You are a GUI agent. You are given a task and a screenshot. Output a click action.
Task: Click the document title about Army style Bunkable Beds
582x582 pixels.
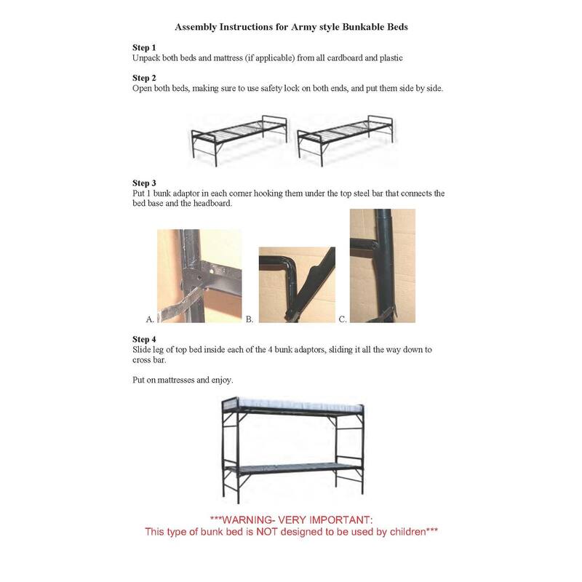[x=291, y=27]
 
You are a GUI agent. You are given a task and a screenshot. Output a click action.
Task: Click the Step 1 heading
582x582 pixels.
[x=144, y=47]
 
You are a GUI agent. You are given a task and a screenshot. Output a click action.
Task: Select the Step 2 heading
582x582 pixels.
[x=144, y=78]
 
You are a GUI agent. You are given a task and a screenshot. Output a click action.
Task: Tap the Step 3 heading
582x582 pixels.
[x=144, y=183]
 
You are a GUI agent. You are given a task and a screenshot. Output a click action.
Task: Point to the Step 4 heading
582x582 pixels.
[x=144, y=339]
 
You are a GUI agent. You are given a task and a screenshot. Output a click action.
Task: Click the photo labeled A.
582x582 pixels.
[x=199, y=276]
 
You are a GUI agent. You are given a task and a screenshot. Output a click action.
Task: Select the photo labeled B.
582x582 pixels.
[x=297, y=284]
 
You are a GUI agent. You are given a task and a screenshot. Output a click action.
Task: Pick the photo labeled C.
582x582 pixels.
[x=382, y=266]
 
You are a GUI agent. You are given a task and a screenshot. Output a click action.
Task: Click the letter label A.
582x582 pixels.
[x=150, y=319]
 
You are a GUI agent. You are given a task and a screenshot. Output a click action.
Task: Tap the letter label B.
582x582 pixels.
[x=250, y=319]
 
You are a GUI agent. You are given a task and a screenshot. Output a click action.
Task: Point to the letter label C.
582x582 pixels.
[x=343, y=319]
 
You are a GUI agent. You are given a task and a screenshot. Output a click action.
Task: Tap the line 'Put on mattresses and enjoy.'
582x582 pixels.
[x=183, y=380]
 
